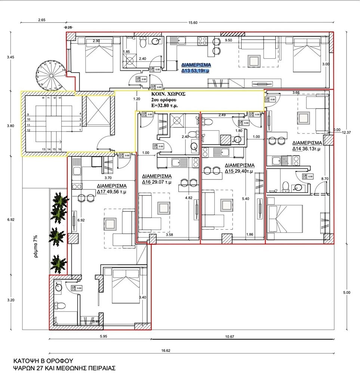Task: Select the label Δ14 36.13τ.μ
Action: (307, 148)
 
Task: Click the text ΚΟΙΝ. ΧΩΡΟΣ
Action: (168, 94)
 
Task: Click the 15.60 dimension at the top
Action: (193, 23)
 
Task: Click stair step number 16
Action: (60, 149)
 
